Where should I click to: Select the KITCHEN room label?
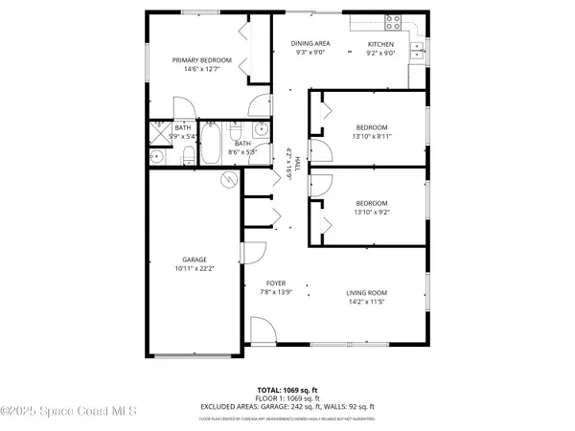pos(381,44)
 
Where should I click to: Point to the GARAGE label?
pos(195,260)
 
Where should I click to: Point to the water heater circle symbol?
pos(228,179)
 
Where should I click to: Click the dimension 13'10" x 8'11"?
pos(372,137)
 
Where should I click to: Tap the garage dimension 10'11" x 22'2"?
pos(195,269)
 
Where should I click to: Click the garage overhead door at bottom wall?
pos(195,356)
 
